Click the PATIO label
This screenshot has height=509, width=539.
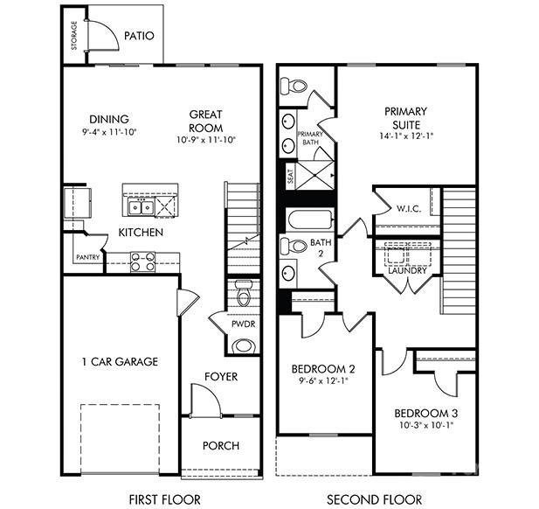pyautogui.click(x=139, y=37)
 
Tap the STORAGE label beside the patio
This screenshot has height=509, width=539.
pyautogui.click(x=73, y=38)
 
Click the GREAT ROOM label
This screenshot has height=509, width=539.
pyautogui.click(x=206, y=120)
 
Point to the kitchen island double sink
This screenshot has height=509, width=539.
pyautogui.click(x=141, y=207)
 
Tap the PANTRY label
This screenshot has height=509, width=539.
pyautogui.click(x=86, y=257)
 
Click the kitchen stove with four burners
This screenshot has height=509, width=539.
pyautogui.click(x=142, y=260)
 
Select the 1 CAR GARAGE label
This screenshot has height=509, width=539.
pyautogui.click(x=120, y=362)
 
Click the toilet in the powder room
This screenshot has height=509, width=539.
pyautogui.click(x=243, y=293)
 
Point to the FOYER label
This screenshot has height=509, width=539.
pyautogui.click(x=221, y=377)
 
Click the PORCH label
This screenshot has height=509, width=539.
pyautogui.click(x=221, y=445)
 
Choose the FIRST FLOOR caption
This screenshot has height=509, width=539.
pyautogui.click(x=164, y=499)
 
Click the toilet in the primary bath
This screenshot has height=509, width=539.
pyautogui.click(x=295, y=87)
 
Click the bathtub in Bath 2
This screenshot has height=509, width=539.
pyautogui.click(x=308, y=218)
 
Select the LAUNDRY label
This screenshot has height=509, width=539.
pyautogui.click(x=408, y=270)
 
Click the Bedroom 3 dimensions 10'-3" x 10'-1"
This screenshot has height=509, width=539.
pyautogui.click(x=425, y=424)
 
